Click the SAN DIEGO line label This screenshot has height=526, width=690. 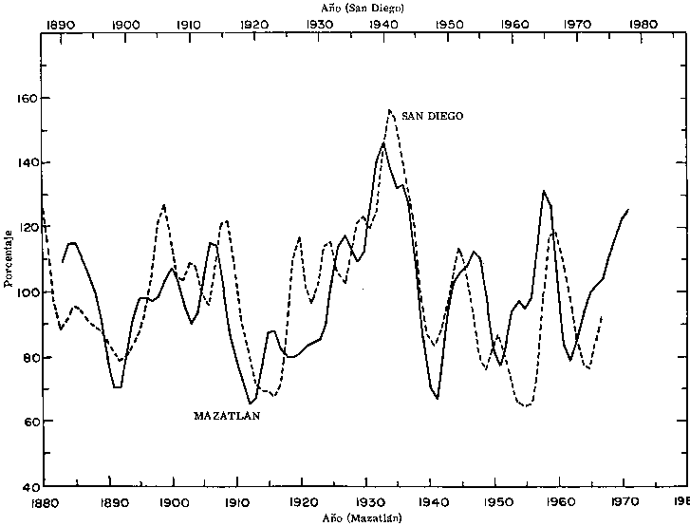432,116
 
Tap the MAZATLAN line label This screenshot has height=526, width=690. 227,416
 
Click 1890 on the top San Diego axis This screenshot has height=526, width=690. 60,23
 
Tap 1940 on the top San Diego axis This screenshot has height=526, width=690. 384,23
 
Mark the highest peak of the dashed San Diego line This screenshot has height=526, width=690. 390,110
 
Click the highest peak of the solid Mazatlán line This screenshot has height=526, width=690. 383,144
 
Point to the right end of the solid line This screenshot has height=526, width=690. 628,209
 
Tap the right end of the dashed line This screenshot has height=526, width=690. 603,315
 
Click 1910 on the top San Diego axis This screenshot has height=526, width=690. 189,23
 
